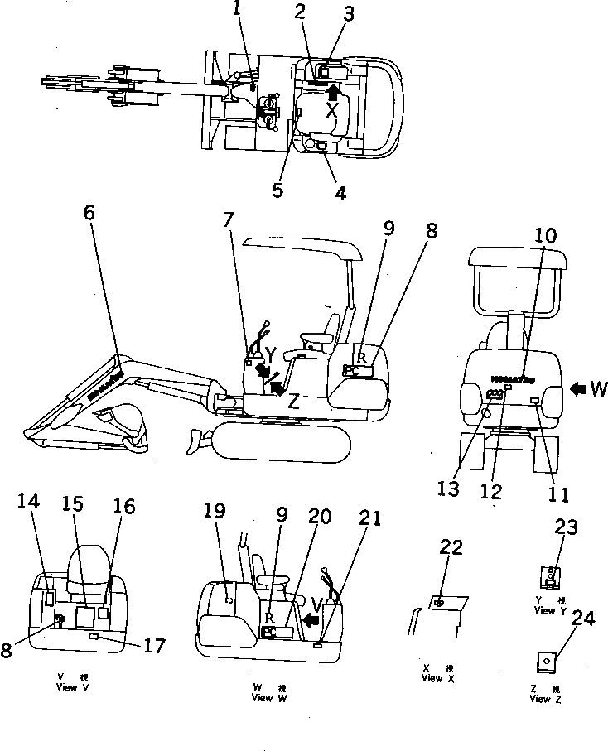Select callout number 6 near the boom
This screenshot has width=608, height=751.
click(x=89, y=214)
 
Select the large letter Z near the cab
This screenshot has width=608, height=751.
click(x=292, y=403)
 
